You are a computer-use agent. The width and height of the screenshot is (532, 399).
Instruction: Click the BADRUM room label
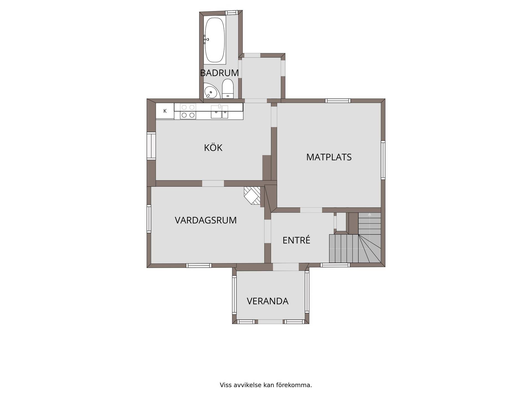pyautogui.click(x=219, y=73)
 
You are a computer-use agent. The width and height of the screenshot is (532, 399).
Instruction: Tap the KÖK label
pyautogui.click(x=213, y=147)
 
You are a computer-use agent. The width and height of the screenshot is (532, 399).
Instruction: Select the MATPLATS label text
pyautogui.click(x=329, y=157)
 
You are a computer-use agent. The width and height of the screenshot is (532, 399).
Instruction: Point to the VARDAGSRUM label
pyautogui.click(x=206, y=220)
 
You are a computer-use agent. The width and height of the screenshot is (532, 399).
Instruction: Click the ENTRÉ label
pyautogui.click(x=296, y=240)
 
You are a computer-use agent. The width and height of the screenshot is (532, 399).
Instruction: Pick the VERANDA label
pyautogui.click(x=267, y=301)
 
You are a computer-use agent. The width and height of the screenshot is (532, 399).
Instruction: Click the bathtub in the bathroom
pyautogui.click(x=215, y=40)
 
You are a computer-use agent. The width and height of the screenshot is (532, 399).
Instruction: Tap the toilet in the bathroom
pyautogui.click(x=228, y=88)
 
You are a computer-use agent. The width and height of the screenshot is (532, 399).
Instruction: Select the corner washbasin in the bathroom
pyautogui.click(x=211, y=91)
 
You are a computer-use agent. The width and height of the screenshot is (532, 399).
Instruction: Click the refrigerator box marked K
pyautogui.click(x=165, y=111)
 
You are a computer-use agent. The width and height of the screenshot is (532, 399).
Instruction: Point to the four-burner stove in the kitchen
pyautogui.click(x=188, y=111)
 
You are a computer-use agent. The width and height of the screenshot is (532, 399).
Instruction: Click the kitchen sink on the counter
pyautogui.click(x=219, y=112)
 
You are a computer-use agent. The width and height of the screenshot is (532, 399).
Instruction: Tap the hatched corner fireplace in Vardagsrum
pyautogui.click(x=252, y=195)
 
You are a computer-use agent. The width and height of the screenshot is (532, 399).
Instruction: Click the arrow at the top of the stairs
pyautogui.click(x=369, y=214)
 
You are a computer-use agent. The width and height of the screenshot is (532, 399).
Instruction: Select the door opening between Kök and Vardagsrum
pyautogui.click(x=213, y=183)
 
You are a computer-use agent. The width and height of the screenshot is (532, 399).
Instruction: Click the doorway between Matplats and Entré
pyautogui.click(x=311, y=210)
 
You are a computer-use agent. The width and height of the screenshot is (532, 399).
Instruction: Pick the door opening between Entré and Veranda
pyautogui.click(x=286, y=267)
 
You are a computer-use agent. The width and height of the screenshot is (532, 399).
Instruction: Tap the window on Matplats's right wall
pyautogui.click(x=383, y=160)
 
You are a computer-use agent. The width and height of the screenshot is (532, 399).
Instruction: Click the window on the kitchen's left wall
pyautogui.click(x=151, y=146)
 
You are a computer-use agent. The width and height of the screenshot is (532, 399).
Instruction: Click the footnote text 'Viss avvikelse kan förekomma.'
pyautogui.click(x=266, y=385)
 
